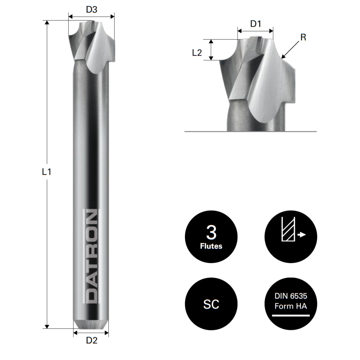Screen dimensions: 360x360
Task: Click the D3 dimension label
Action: pyautogui.click(x=91, y=10)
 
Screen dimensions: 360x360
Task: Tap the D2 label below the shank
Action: pyautogui.click(x=91, y=341)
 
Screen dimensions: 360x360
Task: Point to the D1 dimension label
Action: pyautogui.click(x=255, y=24)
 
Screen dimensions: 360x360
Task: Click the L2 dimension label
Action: pyautogui.click(x=197, y=53)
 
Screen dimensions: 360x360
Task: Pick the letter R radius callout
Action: pyautogui.click(x=303, y=37)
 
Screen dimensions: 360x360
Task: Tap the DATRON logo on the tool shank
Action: pyautogui.click(x=91, y=256)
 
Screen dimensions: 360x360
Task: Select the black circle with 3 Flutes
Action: pyautogui.click(x=211, y=237)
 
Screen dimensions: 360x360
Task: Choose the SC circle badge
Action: pyautogui.click(x=211, y=304)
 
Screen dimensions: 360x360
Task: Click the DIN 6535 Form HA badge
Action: pyautogui.click(x=291, y=304)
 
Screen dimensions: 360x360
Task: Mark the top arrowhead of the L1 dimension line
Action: pyautogui.click(x=46, y=23)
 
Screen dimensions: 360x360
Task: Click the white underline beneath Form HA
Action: pyautogui.click(x=291, y=315)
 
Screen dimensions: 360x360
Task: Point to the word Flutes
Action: pyautogui.click(x=211, y=247)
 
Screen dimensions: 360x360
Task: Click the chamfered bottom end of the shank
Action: pyautogui.click(x=91, y=324)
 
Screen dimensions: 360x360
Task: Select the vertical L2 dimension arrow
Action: pyautogui.click(x=212, y=50)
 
